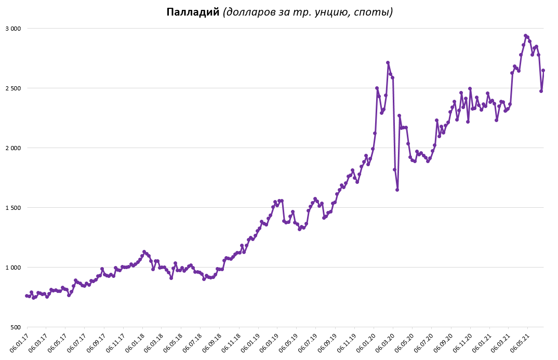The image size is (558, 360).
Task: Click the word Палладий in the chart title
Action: [193, 12]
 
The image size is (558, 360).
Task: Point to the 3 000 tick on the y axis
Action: [12, 29]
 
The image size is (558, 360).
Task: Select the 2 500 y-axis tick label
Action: [12, 88]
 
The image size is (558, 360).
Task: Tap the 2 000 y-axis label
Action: [12, 148]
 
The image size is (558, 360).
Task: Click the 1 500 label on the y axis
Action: [12, 208]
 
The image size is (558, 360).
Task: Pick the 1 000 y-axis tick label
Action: [12, 268]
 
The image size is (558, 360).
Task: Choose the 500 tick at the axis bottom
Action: [15, 327]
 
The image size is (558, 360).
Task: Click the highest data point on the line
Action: [525, 35]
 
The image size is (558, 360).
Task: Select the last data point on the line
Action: [543, 70]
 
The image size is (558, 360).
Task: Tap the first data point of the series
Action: [26, 296]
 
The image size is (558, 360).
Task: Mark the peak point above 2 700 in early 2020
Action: [388, 63]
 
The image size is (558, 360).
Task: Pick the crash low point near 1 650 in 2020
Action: [397, 190]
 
